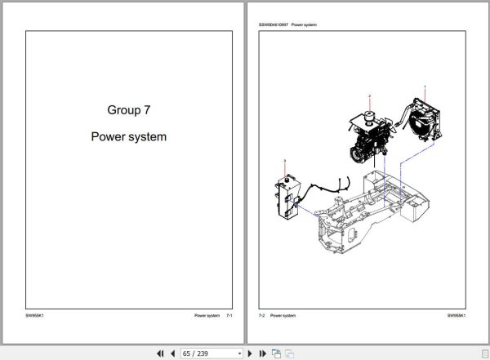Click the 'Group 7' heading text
[x=128, y=109]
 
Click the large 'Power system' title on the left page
[x=128, y=136]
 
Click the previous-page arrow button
[x=171, y=353]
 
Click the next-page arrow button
[x=250, y=353]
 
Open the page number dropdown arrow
[x=239, y=353]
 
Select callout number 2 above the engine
[x=369, y=96]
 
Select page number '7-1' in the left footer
[x=229, y=315]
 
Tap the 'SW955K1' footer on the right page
[x=456, y=315]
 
